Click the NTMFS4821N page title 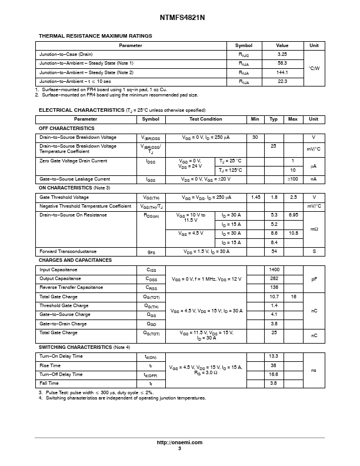179,18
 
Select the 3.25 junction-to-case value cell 282,54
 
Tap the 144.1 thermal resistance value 282,72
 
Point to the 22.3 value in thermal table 282,81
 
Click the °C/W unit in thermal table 314,68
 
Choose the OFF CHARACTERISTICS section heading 66,128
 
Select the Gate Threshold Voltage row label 64,198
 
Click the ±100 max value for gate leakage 292,179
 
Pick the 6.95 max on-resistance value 292,215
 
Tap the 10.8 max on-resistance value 292,233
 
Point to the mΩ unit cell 314,229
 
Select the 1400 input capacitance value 274,269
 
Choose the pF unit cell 314,278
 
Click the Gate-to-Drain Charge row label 64,324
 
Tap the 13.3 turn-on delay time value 274,357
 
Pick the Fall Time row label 49,383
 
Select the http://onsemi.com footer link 179,442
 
